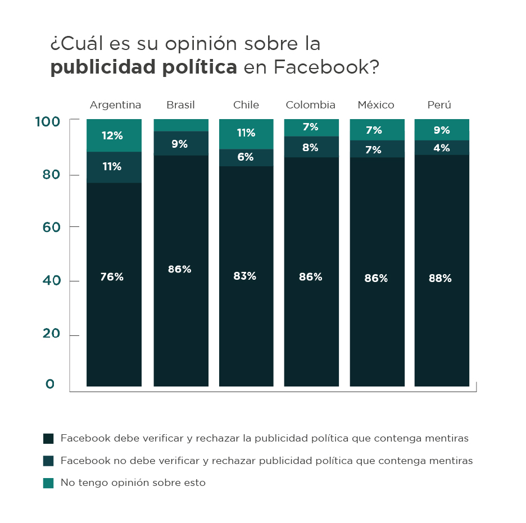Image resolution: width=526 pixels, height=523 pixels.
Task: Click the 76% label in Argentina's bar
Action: pos(112,277)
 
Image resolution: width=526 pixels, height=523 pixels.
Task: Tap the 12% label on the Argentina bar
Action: pos(112,135)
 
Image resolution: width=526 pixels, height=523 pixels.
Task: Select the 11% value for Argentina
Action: pos(112,166)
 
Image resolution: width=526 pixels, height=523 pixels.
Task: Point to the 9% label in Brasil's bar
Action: pos(180,144)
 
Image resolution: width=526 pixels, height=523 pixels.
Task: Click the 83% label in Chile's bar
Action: pos(245,276)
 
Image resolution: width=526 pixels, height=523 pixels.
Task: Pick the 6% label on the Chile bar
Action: pos(246,157)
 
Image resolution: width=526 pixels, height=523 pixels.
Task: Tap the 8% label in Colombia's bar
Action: pos(310,148)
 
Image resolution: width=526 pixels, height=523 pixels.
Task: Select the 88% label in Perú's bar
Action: pos(441,278)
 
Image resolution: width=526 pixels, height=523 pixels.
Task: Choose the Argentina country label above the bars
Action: pos(115,105)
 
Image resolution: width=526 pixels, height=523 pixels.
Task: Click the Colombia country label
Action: pos(310,105)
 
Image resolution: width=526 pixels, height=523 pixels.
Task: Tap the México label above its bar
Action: pos(376,105)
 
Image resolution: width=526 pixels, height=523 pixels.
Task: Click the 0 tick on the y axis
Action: pos(50,384)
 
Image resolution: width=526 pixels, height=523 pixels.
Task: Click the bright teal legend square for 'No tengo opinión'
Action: pos(48,483)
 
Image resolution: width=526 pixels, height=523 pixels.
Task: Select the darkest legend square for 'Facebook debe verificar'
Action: pos(48,438)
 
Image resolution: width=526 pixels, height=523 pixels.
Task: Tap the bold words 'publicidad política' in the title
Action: pos(143,68)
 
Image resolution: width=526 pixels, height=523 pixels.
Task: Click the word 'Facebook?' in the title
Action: pos(327,68)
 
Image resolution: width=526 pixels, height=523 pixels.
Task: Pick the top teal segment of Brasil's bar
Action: pos(181,125)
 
